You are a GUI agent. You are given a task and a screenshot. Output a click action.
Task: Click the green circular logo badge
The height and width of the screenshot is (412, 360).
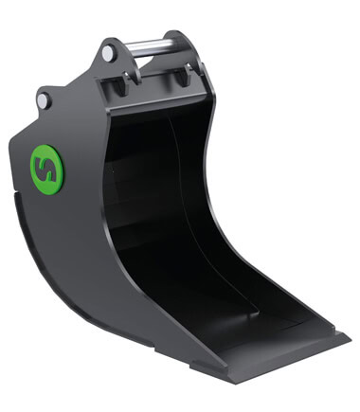click(47, 170)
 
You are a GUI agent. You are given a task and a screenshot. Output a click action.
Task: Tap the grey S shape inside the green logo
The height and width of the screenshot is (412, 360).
click(47, 170)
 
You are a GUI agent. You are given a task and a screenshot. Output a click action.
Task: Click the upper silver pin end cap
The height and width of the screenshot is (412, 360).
click(108, 53)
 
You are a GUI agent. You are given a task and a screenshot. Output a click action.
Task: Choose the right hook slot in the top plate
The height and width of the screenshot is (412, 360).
click(181, 76)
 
